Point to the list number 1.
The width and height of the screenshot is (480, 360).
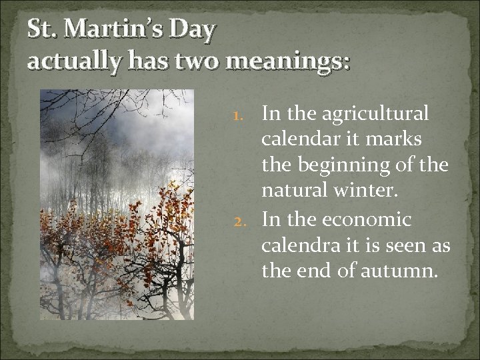pyautogui.click(x=247, y=115)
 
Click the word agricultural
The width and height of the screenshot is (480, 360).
pyautogui.click(x=376, y=113)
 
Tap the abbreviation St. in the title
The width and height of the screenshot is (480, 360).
pyautogui.click(x=38, y=30)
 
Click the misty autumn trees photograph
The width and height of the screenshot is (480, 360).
pyautogui.click(x=117, y=205)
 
